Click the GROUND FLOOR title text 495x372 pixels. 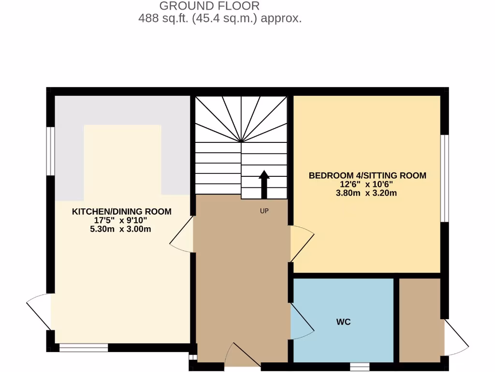(209, 6)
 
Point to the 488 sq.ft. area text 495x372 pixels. (220, 19)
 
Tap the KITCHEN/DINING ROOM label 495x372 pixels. (122, 212)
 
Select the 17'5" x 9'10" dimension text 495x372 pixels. (121, 221)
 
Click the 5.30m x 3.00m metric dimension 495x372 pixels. (121, 229)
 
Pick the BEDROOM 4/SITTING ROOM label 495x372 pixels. (367, 175)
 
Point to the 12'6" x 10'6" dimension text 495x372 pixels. (367, 184)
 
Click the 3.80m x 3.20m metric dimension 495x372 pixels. (367, 193)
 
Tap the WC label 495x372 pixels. (343, 322)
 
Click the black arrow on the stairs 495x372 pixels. (264, 184)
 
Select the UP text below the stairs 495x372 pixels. (264, 211)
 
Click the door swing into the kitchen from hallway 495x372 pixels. (183, 235)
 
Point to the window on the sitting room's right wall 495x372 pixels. (445, 178)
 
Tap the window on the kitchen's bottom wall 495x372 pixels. (84, 347)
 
